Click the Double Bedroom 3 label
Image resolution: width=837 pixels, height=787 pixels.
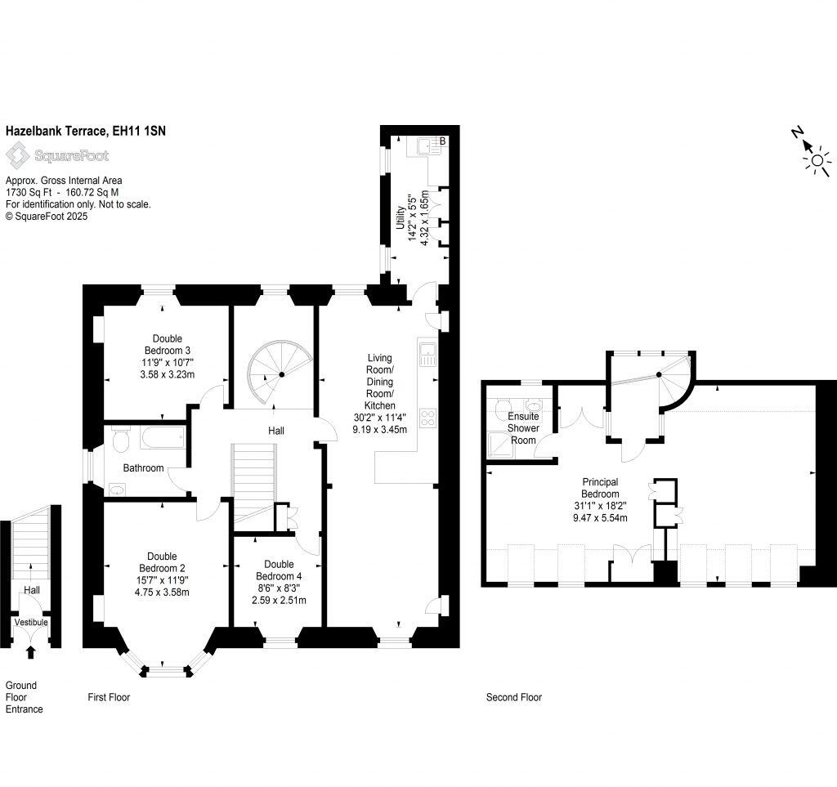167,344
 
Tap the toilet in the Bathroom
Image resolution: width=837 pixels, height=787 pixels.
121,442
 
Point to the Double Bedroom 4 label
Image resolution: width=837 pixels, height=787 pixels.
279,570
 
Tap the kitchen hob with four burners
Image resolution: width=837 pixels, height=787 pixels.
427,418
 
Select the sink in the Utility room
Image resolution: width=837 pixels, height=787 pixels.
423,147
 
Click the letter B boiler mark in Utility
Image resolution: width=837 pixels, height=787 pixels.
442,141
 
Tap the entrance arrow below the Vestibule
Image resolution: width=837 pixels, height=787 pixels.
32,651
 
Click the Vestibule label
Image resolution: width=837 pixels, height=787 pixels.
31,622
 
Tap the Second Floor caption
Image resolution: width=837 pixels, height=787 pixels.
513,697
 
